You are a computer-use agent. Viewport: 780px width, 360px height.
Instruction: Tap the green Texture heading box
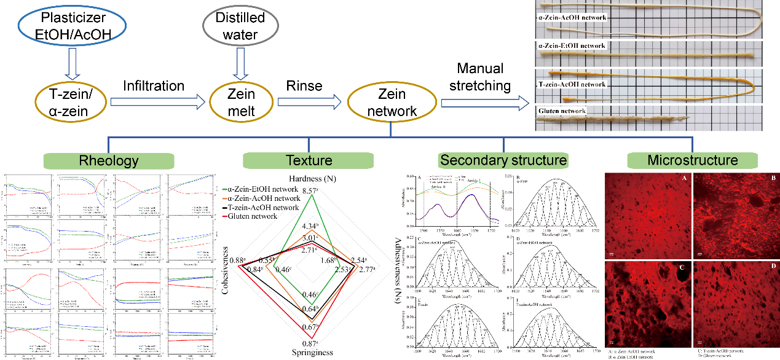(x=309, y=161)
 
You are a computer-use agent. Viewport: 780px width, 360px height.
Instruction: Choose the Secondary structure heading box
(x=502, y=161)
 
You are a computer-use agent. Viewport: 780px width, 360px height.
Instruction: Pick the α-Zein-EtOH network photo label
(x=572, y=46)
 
